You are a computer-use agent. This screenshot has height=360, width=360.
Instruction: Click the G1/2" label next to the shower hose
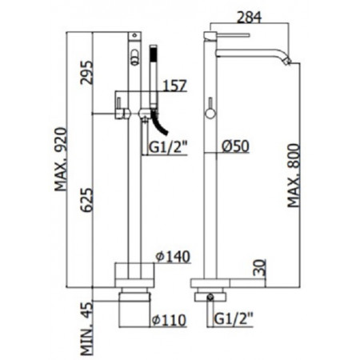click(169, 146)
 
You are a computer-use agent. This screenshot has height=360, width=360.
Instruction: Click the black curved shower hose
click(158, 125)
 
